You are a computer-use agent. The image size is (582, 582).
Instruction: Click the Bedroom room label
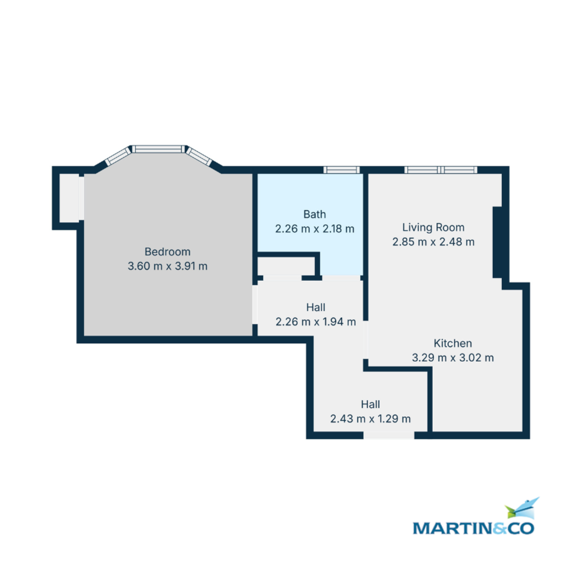click(167, 252)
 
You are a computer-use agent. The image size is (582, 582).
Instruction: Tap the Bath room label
click(314, 214)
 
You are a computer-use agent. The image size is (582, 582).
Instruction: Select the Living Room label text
click(433, 227)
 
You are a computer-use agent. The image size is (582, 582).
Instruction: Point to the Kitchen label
click(453, 343)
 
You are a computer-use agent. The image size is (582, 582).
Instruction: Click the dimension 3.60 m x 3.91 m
click(167, 266)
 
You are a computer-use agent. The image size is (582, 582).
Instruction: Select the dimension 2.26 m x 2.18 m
click(314, 228)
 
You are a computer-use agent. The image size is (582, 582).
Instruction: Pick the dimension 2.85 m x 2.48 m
click(433, 242)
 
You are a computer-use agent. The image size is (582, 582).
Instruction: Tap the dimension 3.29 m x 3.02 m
click(453, 358)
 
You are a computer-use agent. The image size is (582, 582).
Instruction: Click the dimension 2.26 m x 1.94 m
click(316, 322)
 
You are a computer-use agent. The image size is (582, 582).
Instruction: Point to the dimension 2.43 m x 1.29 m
click(370, 419)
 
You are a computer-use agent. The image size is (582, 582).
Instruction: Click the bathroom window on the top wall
click(341, 170)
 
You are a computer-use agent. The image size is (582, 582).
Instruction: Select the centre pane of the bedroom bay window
click(158, 149)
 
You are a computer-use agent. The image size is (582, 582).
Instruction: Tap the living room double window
click(441, 170)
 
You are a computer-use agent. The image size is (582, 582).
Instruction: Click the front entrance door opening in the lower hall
click(388, 435)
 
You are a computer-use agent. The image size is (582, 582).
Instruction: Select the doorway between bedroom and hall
click(255, 305)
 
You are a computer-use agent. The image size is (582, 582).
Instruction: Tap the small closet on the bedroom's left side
click(69, 198)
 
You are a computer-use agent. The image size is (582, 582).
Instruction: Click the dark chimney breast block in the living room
click(497, 242)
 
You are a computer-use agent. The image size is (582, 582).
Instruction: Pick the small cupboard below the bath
click(286, 266)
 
